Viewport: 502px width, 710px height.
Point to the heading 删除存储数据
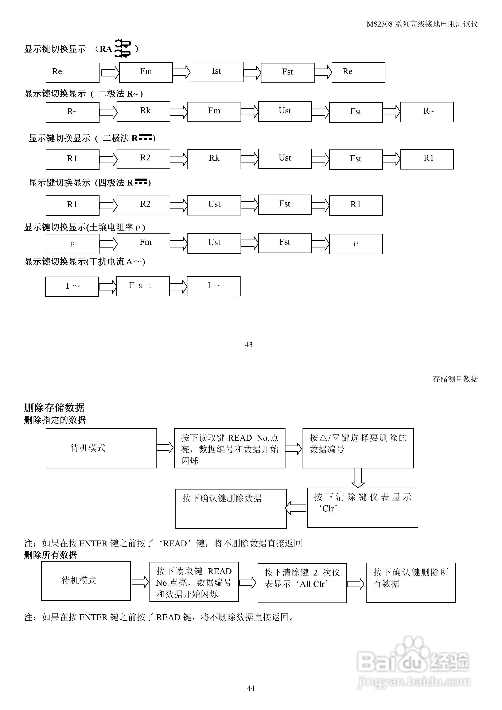54,407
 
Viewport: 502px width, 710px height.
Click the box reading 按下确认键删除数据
231,509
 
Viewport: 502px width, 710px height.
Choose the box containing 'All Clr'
302,583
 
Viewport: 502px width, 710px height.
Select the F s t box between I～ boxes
143,286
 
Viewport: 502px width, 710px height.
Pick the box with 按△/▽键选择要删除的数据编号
358,448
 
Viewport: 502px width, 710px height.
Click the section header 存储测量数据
455,379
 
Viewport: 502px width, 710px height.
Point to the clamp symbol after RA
122,48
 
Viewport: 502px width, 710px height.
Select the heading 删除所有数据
50,555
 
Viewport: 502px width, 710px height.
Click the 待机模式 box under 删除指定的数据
101,448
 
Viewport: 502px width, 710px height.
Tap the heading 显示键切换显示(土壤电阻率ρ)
85,227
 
